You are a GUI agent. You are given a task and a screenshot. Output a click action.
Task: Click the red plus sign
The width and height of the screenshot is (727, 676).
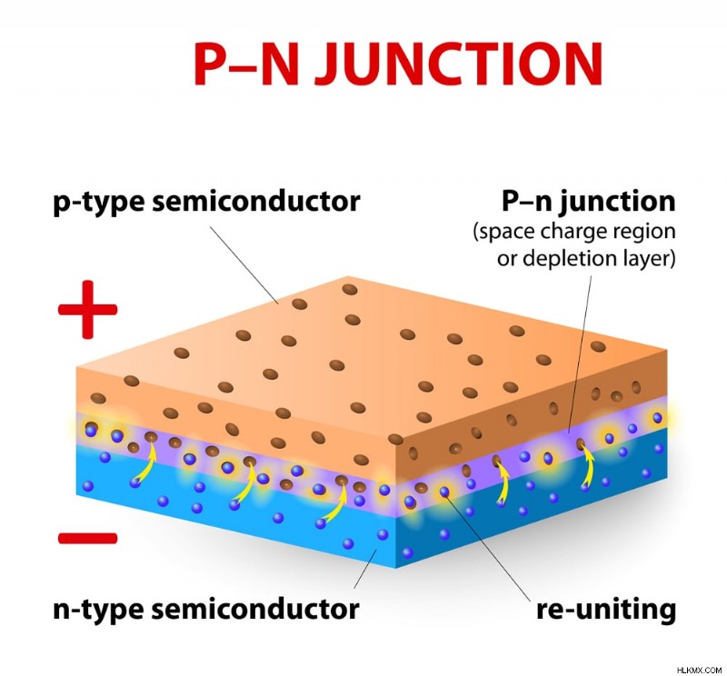pos(87,309)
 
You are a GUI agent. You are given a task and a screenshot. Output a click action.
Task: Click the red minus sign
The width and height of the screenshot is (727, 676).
pos(87,538)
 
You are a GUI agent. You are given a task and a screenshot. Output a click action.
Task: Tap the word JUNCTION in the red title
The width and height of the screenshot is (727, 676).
pos(458,64)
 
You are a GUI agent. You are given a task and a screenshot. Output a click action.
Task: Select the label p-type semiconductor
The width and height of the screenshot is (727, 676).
pos(207,202)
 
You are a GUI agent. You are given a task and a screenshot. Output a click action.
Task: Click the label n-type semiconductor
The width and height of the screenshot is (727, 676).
pos(206,609)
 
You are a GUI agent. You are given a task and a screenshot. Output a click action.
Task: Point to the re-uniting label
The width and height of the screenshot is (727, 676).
pos(605,610)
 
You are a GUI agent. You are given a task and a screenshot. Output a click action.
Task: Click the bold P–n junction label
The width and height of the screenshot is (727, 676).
pos(588,202)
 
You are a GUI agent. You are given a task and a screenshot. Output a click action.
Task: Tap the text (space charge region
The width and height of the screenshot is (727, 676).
pos(574,232)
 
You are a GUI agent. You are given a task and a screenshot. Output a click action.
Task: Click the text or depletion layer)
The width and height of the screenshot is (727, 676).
pos(586,258)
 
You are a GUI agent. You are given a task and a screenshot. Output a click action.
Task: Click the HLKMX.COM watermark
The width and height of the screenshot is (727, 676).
pos(699,670)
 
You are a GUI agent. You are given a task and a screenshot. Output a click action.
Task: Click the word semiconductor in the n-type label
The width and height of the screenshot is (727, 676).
pos(255,608)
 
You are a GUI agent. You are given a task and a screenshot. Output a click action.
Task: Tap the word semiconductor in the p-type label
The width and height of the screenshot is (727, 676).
pos(256,201)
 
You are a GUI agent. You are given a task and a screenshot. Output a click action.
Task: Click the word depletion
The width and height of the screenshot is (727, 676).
pos(571,258)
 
